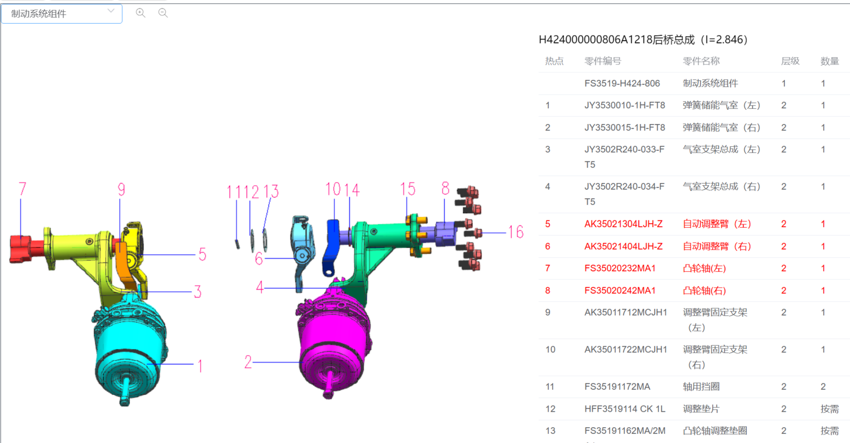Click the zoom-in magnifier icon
point(141,13)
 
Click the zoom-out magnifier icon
point(163,13)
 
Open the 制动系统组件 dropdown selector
point(61,14)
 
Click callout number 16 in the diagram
point(516,232)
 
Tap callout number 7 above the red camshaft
point(23,189)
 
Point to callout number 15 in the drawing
point(408,189)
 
